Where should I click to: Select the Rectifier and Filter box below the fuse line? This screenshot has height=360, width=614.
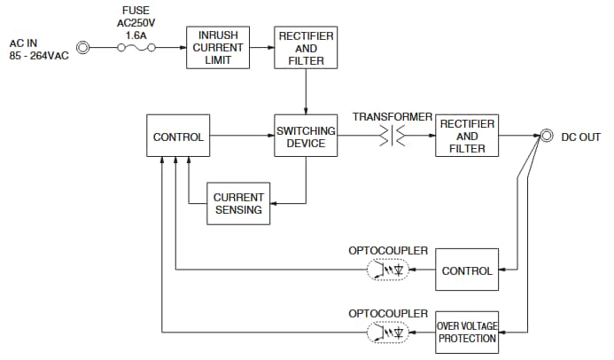click(x=306, y=48)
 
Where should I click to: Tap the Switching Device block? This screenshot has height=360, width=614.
click(x=306, y=137)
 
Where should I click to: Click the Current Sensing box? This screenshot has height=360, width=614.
click(x=237, y=203)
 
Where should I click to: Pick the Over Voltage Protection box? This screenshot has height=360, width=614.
click(x=467, y=332)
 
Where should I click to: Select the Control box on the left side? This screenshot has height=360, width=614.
click(x=178, y=137)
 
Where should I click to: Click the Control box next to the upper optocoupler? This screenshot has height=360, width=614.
click(x=467, y=270)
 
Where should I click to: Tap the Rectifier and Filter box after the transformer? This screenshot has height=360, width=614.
click(x=467, y=137)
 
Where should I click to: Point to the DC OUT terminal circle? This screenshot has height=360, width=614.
click(x=547, y=137)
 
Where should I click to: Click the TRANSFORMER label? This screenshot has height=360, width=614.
click(x=392, y=117)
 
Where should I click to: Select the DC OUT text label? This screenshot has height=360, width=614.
click(x=584, y=137)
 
